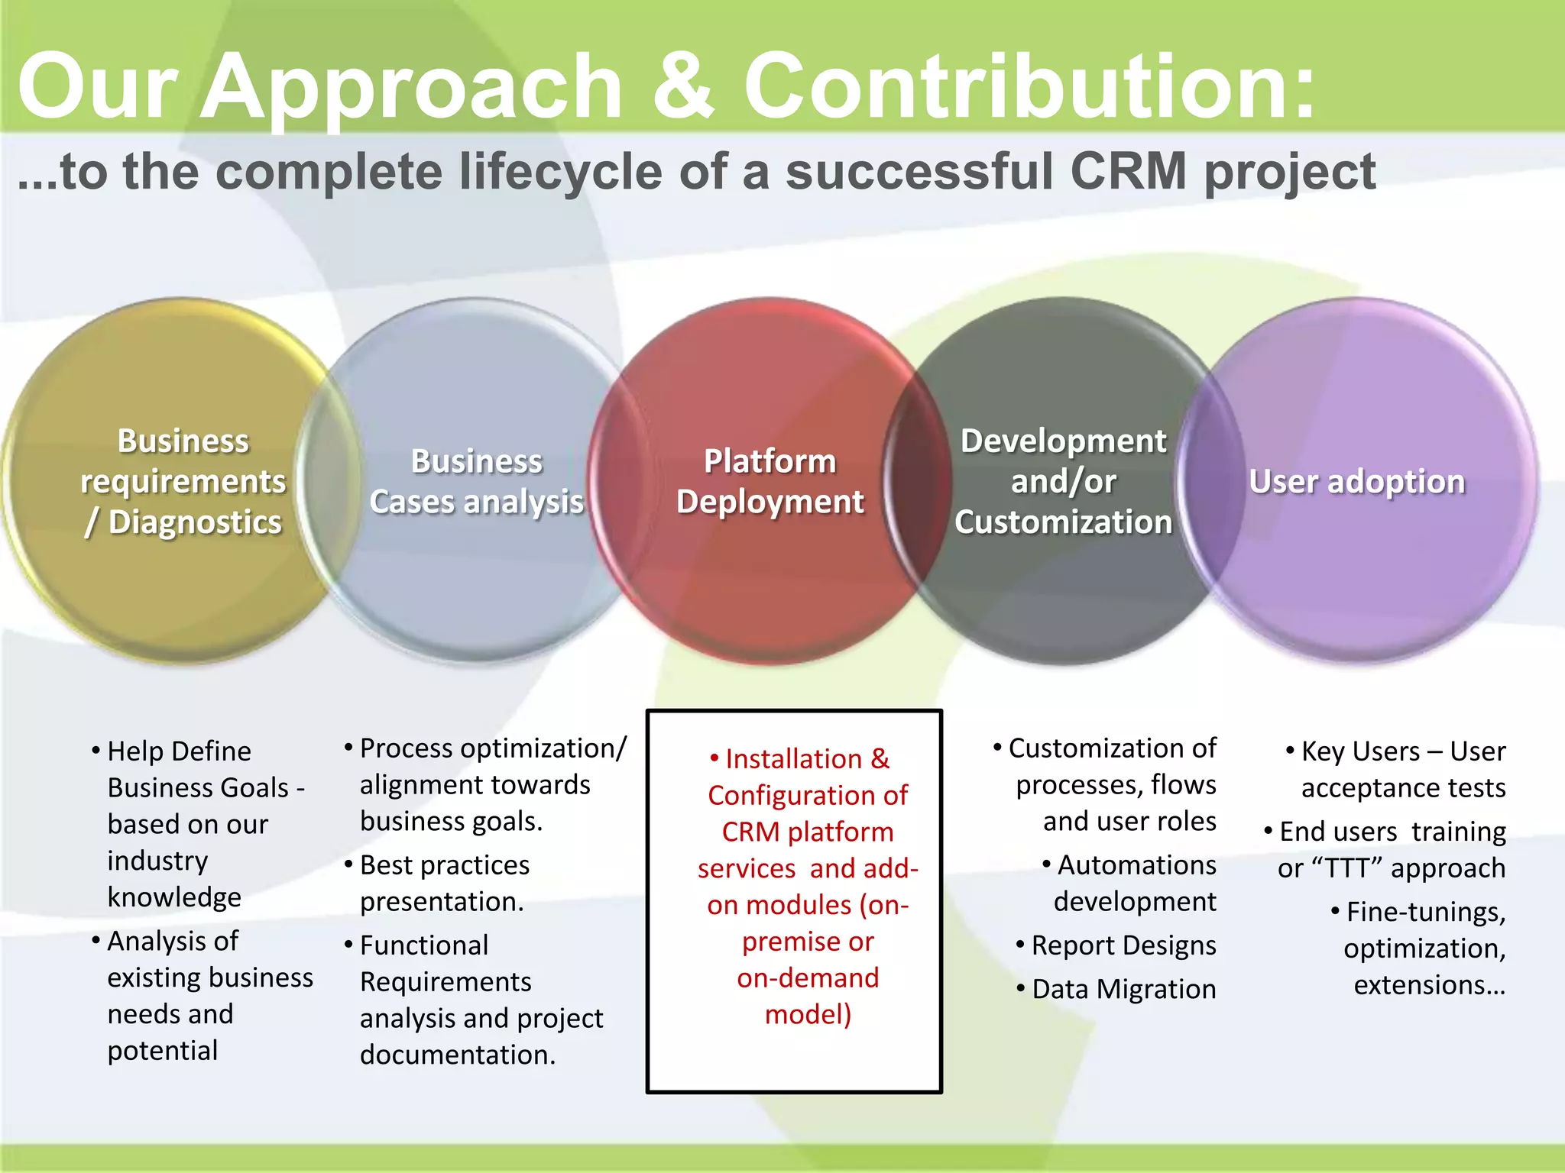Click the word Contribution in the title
1029,86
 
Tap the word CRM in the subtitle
1129,171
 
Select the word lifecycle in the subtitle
559,171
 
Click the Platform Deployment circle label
770,481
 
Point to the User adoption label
1356,481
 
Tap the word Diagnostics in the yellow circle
195,522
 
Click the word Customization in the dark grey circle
1063,522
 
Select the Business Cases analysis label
476,481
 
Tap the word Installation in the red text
793,759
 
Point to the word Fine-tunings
1426,912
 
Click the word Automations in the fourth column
1136,865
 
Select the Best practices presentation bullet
444,883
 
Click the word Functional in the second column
423,945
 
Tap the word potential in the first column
162,1051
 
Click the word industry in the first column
157,861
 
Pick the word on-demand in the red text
808,978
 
